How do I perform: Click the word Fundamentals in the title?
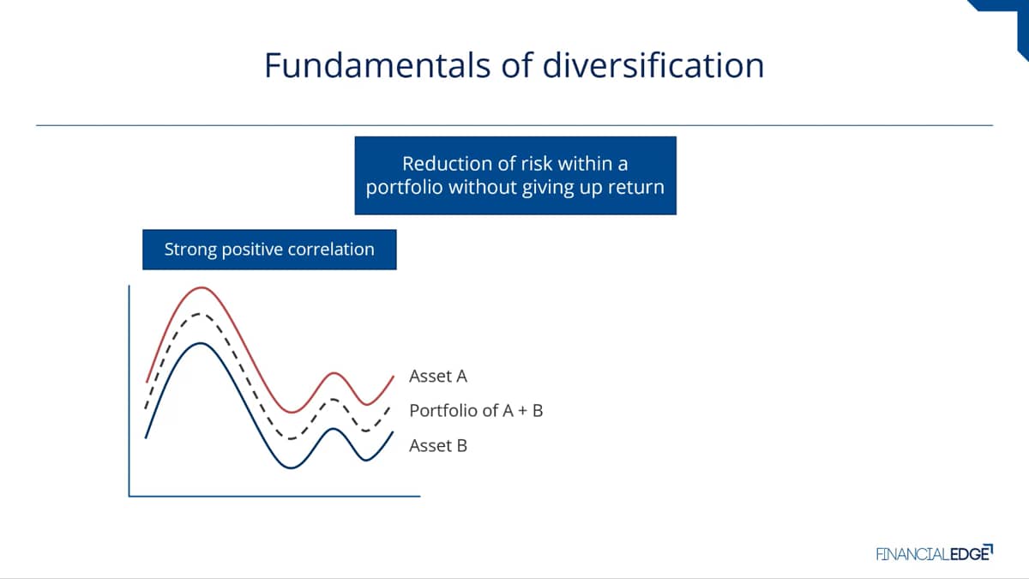[x=377, y=65]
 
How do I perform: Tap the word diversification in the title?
[x=653, y=65]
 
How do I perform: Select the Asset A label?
[x=438, y=377]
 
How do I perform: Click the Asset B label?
[x=438, y=446]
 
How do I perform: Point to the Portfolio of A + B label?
[x=476, y=411]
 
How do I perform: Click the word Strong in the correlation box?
[x=190, y=250]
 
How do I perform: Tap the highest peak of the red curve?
[x=202, y=287]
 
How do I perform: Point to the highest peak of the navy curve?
[x=201, y=343]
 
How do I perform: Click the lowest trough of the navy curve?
[x=291, y=467]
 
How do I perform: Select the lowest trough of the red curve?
[x=292, y=413]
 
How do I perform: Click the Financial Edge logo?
[x=935, y=553]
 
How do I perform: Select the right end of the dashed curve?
[x=390, y=407]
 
